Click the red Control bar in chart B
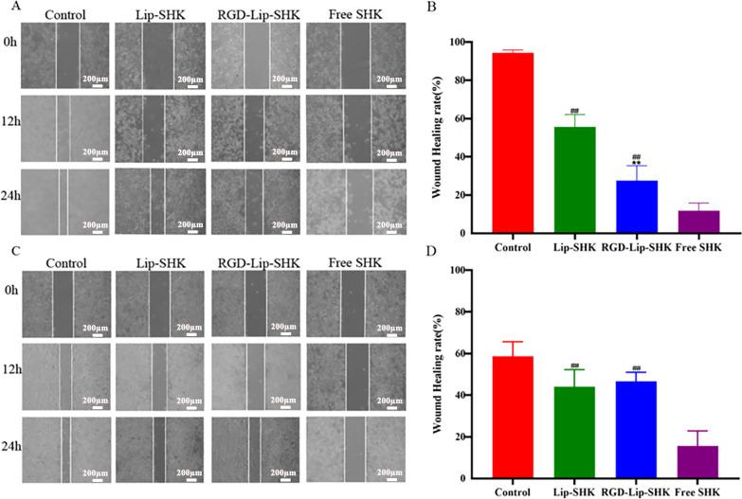pyautogui.click(x=518, y=143)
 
